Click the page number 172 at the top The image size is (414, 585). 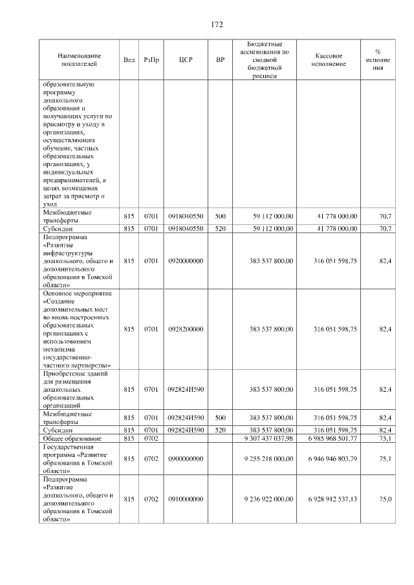[216, 25]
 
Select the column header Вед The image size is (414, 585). [129, 59]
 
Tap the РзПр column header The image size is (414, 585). [151, 59]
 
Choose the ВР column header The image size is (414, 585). [220, 59]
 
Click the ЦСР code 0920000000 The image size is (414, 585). [186, 261]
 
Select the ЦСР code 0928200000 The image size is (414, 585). [186, 329]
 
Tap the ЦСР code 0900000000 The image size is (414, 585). [186, 458]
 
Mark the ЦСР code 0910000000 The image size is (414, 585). [186, 499]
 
